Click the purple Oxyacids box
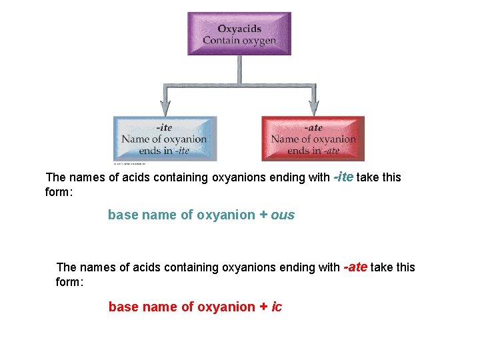239,33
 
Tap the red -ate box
313,139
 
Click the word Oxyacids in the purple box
239,29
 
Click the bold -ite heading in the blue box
164,127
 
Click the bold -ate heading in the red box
313,127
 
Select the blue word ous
283,215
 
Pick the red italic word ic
277,307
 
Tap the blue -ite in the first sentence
343,177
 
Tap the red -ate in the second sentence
355,267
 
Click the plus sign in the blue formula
263,215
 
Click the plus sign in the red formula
264,307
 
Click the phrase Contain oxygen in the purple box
239,41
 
